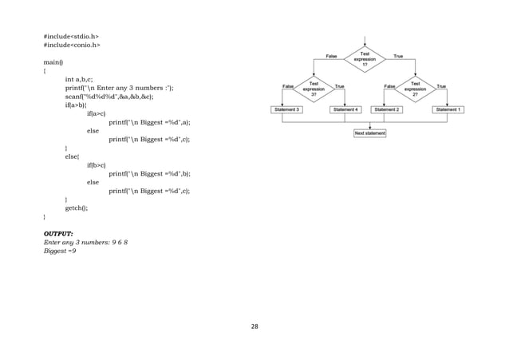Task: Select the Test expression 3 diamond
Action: pos(313,87)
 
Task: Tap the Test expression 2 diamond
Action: pos(415,87)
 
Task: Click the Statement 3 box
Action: pos(288,109)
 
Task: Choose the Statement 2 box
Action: pos(389,109)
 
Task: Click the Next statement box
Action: pos(370,133)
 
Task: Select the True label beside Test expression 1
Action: pos(398,56)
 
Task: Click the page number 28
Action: pos(254,326)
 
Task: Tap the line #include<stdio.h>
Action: pos(71,37)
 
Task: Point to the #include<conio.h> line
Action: pos(71,46)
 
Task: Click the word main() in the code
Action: pos(53,61)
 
